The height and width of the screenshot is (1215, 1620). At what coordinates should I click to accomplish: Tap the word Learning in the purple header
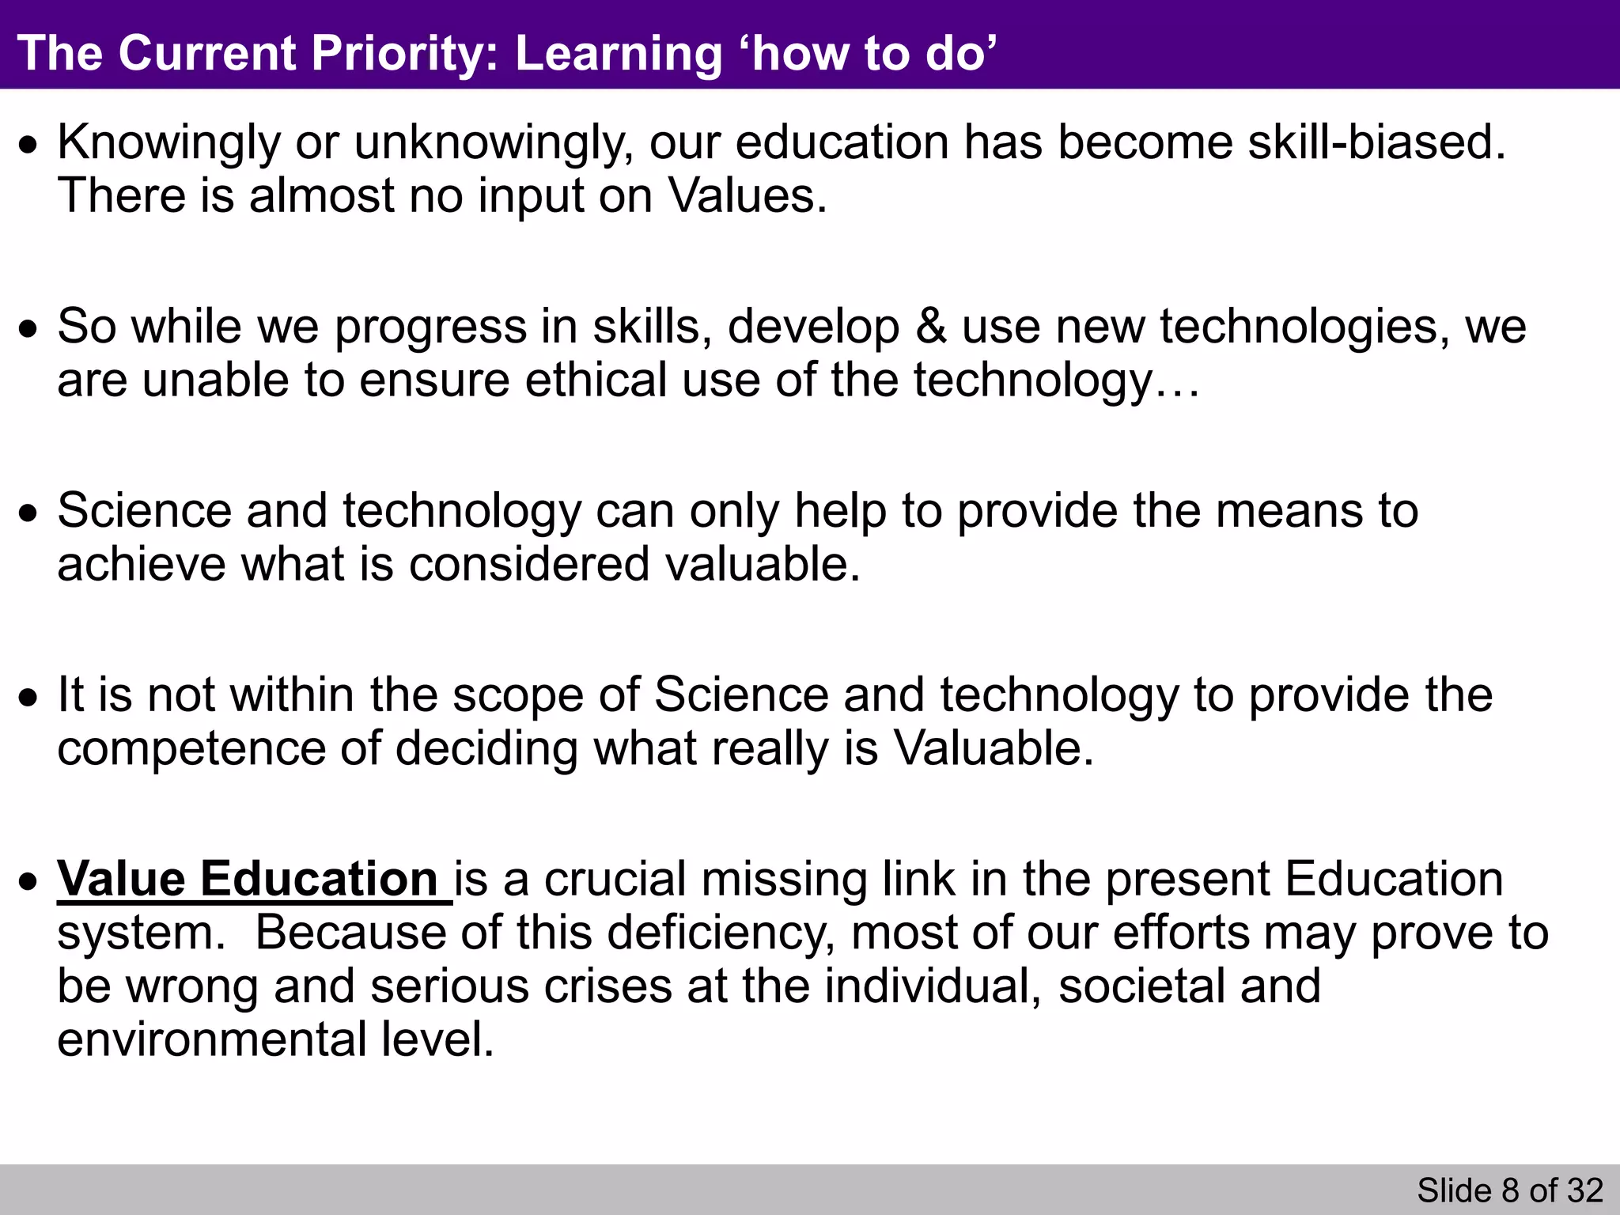(x=619, y=54)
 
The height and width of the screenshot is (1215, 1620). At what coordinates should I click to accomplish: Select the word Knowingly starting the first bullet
(x=168, y=143)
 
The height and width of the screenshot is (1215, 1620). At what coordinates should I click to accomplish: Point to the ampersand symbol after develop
(x=931, y=326)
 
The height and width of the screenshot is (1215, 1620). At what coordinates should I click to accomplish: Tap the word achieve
(x=141, y=564)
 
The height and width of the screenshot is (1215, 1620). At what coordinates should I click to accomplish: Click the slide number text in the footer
(x=1509, y=1190)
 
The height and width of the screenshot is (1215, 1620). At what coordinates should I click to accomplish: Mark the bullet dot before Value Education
(x=29, y=881)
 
